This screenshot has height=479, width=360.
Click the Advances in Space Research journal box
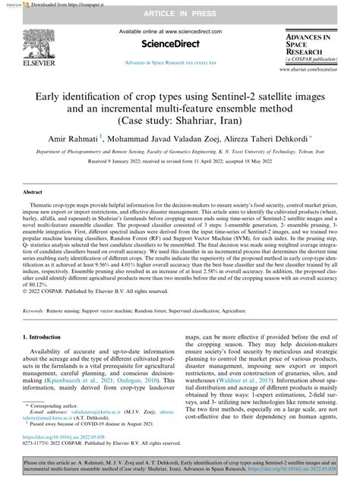coord(314,47)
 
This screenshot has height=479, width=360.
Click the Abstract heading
coord(33,194)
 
